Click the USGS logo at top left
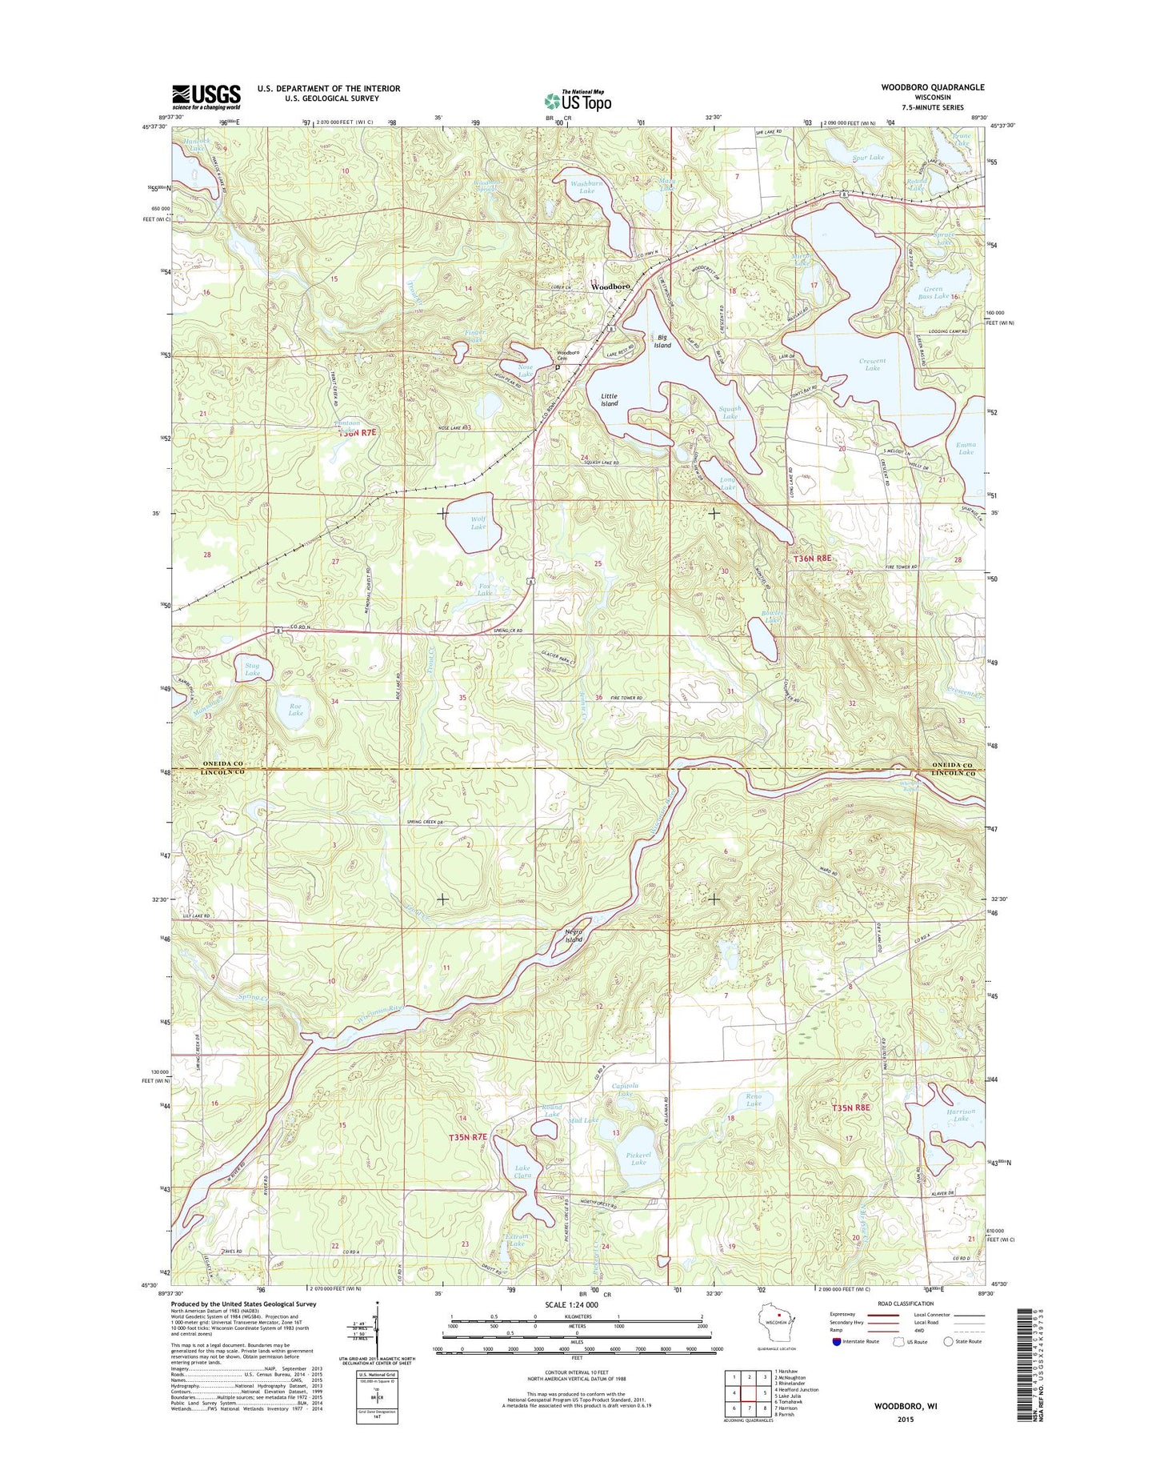coord(206,97)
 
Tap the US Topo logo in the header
coord(578,100)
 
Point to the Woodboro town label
coord(610,286)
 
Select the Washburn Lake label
coord(586,187)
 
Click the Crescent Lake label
coord(872,365)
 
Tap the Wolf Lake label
coord(478,523)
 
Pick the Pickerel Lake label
coord(638,1158)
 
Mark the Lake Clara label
coord(522,1172)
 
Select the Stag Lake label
coord(252,669)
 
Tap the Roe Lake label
coord(295,708)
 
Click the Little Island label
coord(610,400)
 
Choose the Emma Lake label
coord(966,448)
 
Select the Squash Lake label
coord(730,412)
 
